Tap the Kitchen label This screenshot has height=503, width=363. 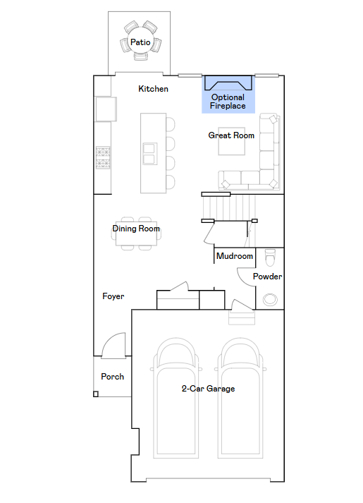click(x=153, y=89)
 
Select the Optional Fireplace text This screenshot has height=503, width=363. click(x=228, y=102)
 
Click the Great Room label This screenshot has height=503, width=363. click(x=231, y=135)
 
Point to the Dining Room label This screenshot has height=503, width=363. click(x=136, y=229)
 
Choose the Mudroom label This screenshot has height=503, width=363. click(x=235, y=256)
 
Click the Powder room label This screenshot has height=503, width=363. click(x=267, y=277)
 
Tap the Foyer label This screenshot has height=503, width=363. click(x=113, y=296)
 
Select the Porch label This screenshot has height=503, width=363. click(x=112, y=377)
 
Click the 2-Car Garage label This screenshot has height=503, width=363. click(x=208, y=389)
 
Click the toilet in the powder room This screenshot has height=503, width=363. click(x=269, y=255)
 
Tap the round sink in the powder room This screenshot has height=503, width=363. click(x=269, y=299)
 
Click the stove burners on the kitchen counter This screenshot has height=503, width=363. click(x=103, y=157)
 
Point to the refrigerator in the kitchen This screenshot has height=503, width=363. click(x=105, y=109)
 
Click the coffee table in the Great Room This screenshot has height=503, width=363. click(x=230, y=144)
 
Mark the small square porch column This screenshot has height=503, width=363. click(x=96, y=394)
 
